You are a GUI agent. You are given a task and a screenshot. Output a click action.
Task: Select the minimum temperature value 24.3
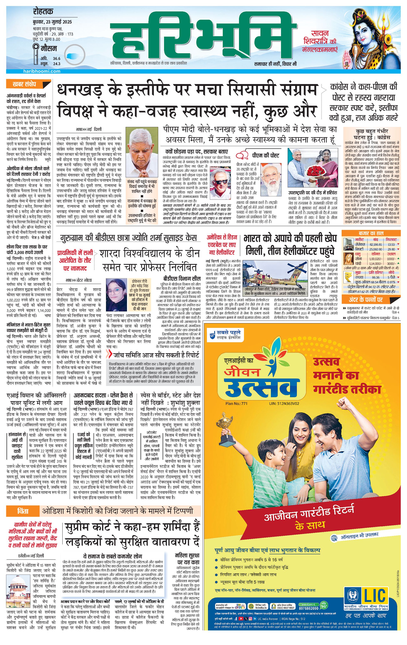click(57, 64)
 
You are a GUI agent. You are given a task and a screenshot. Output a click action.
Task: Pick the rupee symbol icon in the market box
click(348, 277)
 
